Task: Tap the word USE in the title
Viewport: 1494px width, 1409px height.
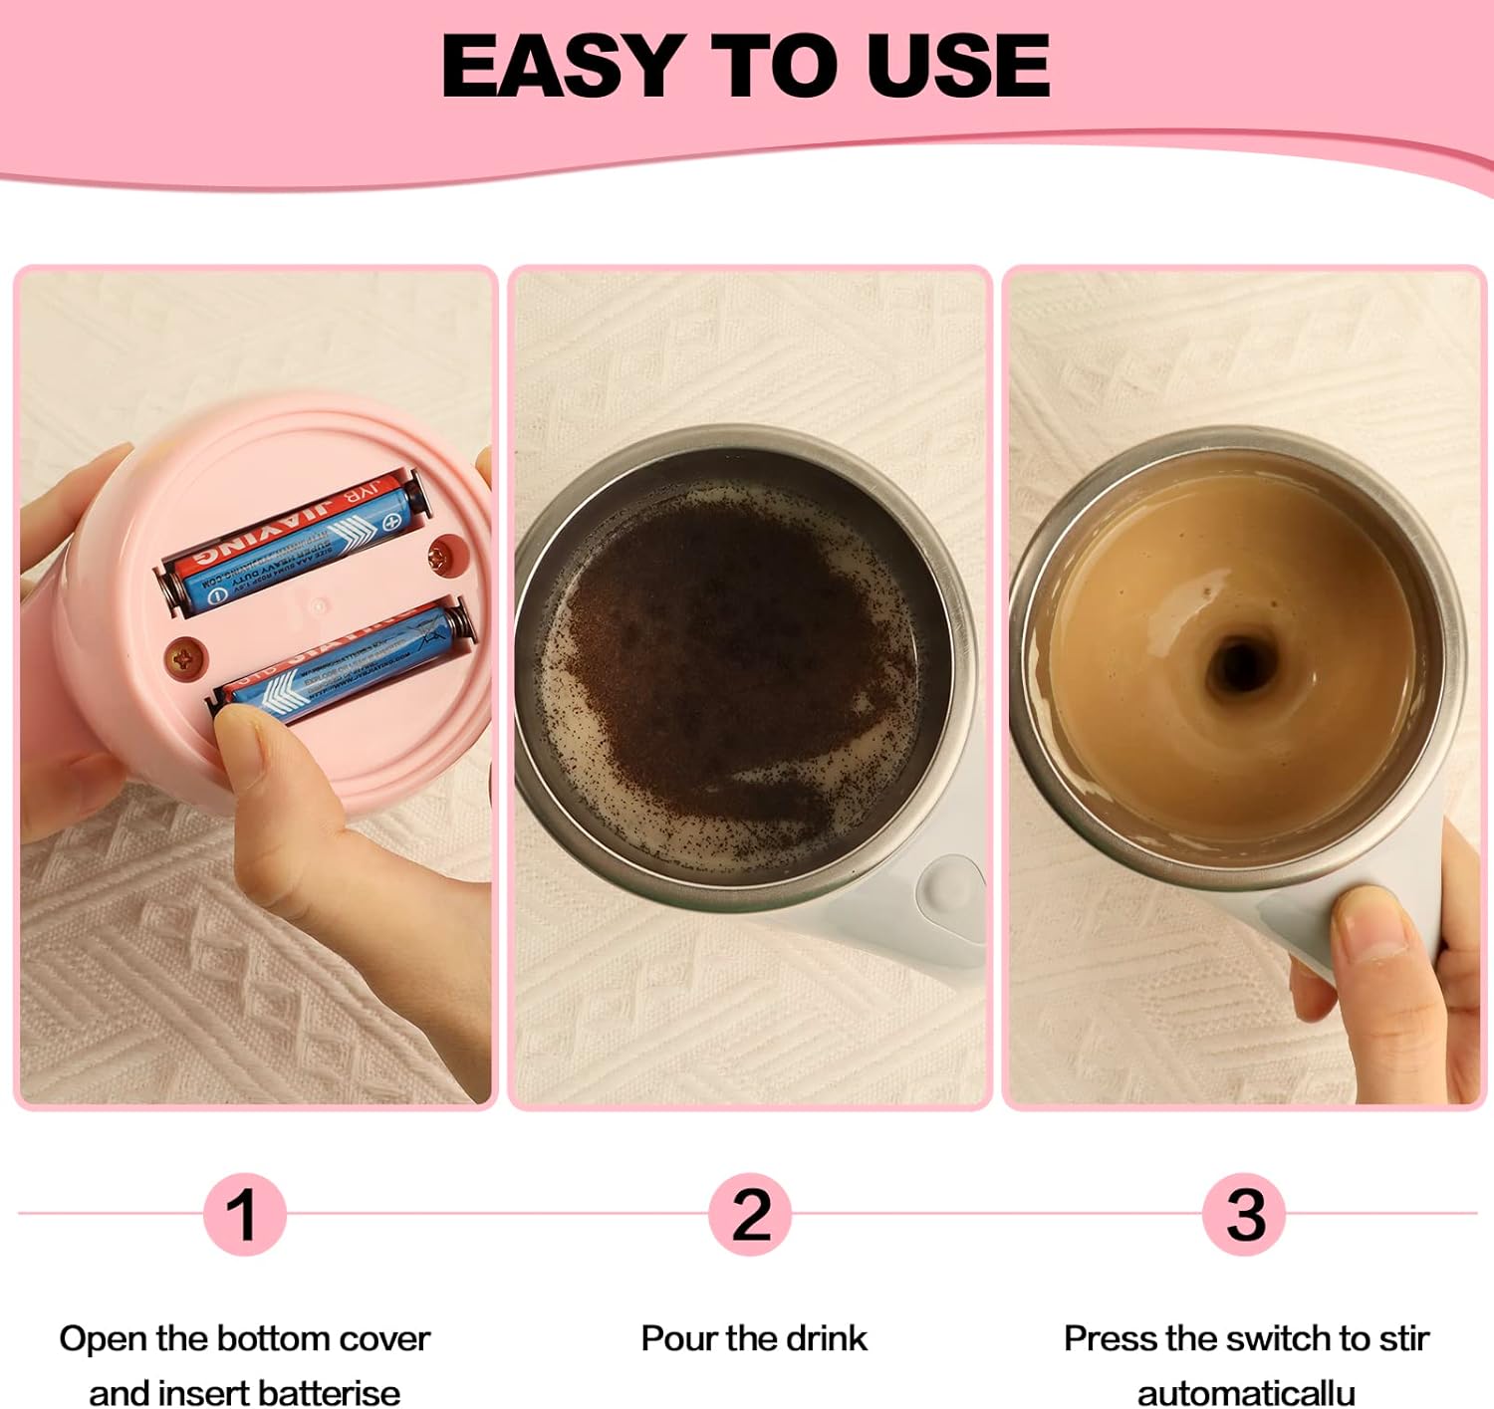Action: [x=956, y=66]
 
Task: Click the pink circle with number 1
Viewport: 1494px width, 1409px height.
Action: [x=243, y=1214]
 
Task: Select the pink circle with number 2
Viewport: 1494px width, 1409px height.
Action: [x=750, y=1214]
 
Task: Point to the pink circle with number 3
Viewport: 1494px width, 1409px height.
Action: [x=1244, y=1214]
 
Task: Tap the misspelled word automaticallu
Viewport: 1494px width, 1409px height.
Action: [x=1246, y=1392]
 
